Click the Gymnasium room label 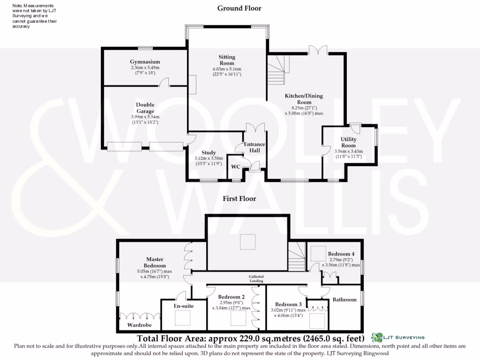tap(145, 62)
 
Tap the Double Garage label tap(145, 108)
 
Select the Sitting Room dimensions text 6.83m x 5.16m tap(227, 69)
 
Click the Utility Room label tap(348, 142)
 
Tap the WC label tap(235, 167)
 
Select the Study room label tap(209, 153)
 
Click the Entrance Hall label tap(254, 147)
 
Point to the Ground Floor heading tap(239, 8)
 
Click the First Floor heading tap(239, 199)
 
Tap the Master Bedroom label tap(156, 262)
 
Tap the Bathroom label tap(345, 300)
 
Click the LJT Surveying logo tap(398, 337)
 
